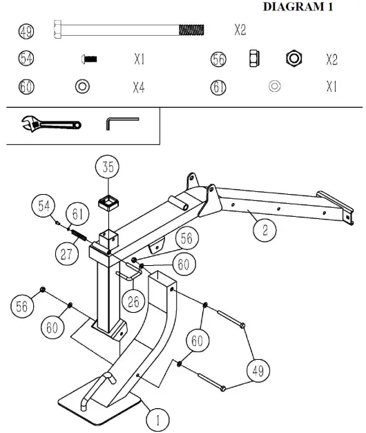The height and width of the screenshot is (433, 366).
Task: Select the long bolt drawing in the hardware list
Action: point(128,30)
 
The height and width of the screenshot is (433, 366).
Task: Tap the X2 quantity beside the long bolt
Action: point(240,31)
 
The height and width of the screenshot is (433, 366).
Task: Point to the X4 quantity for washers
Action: point(138,87)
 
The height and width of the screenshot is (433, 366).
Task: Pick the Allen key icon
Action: point(122,123)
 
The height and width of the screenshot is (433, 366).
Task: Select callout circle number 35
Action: point(108,166)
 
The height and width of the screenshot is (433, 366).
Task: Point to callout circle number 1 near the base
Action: point(158,418)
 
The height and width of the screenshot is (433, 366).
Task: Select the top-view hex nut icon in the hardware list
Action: point(293,59)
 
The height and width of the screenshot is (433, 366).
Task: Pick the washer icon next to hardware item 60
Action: point(81,87)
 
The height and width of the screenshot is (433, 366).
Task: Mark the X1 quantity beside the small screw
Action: point(138,60)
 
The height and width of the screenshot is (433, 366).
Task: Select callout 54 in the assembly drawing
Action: point(44,205)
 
